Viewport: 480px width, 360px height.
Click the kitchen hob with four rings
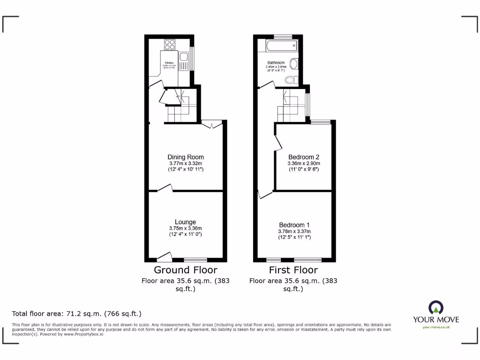click(170, 45)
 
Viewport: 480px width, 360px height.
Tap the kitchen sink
click(185, 60)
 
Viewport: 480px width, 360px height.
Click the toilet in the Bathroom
click(291, 80)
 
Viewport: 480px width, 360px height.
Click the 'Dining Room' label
click(186, 157)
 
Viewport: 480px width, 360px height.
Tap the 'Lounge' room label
click(185, 222)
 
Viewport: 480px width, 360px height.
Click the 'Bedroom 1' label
click(294, 225)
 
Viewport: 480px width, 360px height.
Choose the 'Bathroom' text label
click(276, 62)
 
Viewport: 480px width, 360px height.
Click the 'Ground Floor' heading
click(186, 270)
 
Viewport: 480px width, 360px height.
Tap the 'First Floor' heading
click(293, 270)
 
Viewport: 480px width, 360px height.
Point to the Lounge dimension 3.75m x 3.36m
click(185, 228)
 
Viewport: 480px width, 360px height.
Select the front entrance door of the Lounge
click(164, 256)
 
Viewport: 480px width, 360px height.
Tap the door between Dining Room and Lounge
click(165, 188)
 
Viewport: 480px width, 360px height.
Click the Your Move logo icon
click(436, 307)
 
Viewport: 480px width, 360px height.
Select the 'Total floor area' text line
click(76, 314)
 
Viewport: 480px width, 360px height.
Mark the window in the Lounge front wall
click(195, 259)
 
